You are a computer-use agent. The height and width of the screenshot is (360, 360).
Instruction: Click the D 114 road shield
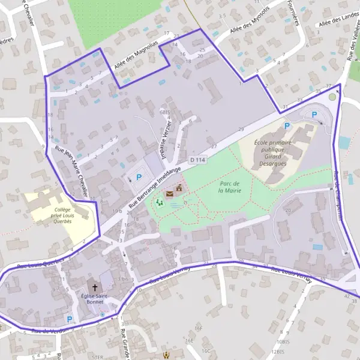[198, 160]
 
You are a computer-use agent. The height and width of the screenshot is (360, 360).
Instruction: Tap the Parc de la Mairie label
[229, 187]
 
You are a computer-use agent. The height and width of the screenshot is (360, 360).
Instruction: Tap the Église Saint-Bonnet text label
[95, 299]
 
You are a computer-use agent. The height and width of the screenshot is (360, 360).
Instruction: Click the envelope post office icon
[169, 194]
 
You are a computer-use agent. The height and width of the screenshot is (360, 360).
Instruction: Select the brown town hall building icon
[178, 189]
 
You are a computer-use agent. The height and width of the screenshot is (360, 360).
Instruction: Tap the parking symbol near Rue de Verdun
[69, 319]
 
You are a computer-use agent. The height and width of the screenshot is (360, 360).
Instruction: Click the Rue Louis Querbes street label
[40, 263]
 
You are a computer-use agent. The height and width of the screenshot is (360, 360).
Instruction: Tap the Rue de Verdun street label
[47, 331]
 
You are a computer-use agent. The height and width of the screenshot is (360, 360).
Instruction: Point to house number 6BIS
[165, 112]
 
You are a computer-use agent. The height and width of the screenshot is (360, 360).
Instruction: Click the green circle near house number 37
[332, 97]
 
